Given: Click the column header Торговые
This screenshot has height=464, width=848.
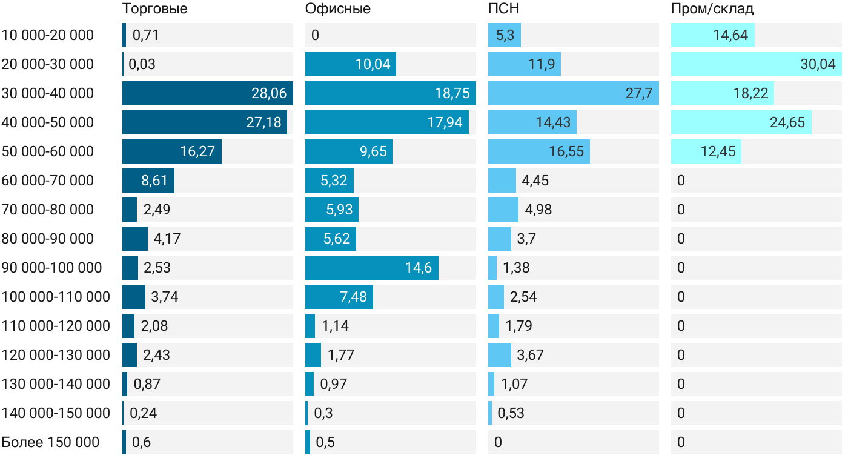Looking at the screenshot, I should (155, 9).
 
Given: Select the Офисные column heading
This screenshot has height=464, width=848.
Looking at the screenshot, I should (338, 9).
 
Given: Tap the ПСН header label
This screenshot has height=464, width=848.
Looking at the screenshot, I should (504, 9).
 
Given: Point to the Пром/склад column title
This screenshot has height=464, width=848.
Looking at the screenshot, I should (712, 9).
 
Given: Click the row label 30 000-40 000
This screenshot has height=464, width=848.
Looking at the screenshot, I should (48, 93).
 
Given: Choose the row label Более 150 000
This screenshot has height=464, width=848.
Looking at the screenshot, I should (50, 442).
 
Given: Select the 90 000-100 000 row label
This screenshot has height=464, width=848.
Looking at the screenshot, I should (52, 268).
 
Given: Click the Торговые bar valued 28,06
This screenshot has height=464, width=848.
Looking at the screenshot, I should (207, 93).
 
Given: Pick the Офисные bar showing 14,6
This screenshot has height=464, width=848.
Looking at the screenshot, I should (371, 268).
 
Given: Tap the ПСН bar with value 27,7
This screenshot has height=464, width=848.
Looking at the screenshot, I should (573, 93).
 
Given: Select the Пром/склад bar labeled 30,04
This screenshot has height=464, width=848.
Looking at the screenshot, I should (756, 64).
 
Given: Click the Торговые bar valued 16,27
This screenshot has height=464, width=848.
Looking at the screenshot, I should (171, 151).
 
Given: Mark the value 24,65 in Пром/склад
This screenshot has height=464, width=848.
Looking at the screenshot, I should (787, 122).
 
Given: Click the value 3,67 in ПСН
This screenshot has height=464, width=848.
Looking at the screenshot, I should (530, 355).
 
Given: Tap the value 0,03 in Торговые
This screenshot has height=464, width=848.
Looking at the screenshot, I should (142, 64).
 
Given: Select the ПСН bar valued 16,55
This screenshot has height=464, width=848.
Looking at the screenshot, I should (538, 151).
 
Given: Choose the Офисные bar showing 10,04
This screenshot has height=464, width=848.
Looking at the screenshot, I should (350, 64).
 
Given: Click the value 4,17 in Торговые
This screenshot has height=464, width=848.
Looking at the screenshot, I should (167, 239).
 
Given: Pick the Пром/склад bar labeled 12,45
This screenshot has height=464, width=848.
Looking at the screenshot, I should (706, 151).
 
